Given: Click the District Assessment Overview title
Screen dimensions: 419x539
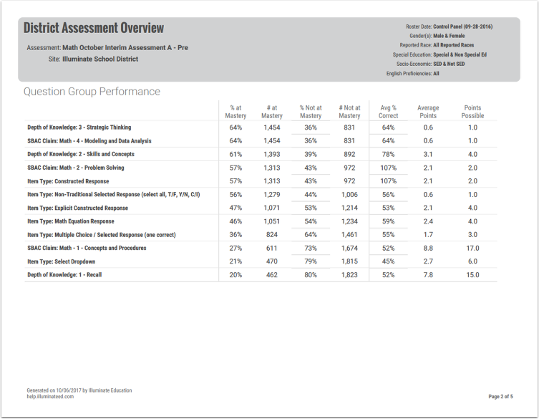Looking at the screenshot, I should tap(94, 29).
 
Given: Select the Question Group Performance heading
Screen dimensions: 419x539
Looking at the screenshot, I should tap(92, 92).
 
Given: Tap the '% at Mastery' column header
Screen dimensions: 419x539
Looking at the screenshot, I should tap(235, 112).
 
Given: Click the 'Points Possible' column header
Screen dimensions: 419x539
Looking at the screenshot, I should tap(472, 112).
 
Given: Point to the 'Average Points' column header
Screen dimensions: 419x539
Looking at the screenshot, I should tap(428, 112).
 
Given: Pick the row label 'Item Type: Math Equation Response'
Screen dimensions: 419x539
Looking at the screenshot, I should tap(70, 221).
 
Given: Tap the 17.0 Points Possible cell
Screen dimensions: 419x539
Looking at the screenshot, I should tap(472, 248).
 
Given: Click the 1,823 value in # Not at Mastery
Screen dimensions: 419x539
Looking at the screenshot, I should tap(349, 275).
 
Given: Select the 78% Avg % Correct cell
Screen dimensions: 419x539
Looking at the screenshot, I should tap(388, 154).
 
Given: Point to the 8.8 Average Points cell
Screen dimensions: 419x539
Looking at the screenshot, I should tap(428, 248).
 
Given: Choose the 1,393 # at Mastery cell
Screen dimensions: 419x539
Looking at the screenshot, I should tap(272, 154).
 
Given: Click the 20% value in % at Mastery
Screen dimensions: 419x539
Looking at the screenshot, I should tap(235, 275).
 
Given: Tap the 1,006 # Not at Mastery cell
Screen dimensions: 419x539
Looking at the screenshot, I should tap(349, 194).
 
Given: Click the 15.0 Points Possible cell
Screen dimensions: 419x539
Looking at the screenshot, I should tap(472, 275).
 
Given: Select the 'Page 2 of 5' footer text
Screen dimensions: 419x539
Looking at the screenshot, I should tap(500, 396).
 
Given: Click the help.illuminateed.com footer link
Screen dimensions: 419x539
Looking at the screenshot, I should tap(50, 396).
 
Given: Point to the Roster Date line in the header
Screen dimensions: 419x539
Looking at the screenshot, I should tap(449, 27).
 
